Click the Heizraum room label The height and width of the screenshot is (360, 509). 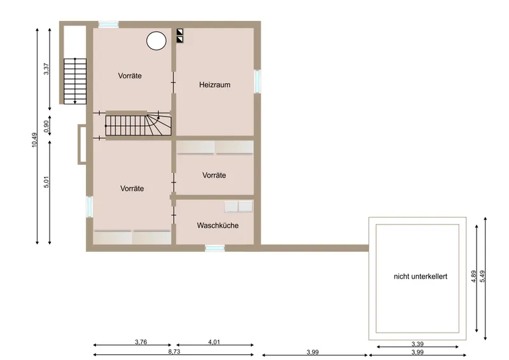point(214,85)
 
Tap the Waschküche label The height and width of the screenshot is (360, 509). point(218,225)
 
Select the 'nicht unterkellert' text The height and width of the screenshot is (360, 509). point(421,276)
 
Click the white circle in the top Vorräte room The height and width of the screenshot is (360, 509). point(157,41)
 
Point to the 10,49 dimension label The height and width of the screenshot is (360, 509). point(34,140)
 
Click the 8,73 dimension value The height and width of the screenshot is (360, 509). point(174,351)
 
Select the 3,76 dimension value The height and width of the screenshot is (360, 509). point(141,342)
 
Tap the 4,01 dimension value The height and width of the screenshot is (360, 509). point(214,342)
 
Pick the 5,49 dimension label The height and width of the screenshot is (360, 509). point(482,276)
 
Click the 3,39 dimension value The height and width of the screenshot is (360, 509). point(417,343)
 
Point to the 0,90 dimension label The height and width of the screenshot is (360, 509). point(46,127)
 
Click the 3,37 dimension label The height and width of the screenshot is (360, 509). point(46,69)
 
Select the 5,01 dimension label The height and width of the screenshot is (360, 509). point(46,182)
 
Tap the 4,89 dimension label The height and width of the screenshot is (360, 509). point(473,276)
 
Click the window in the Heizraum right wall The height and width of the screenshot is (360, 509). point(257,81)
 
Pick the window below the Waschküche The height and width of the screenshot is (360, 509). point(215,248)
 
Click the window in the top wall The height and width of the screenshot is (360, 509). point(108,25)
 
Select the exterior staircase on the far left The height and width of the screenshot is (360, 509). point(75,81)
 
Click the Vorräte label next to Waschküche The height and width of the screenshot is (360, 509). point(214,176)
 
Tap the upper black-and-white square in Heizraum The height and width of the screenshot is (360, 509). point(180,32)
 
